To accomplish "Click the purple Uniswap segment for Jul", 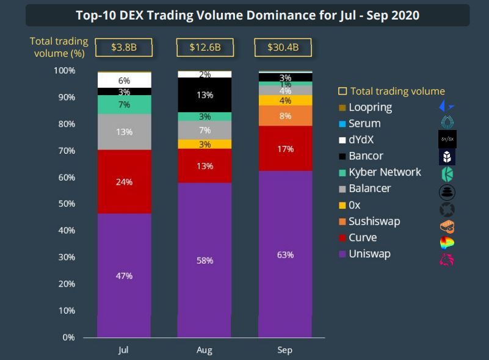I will [x=124, y=275].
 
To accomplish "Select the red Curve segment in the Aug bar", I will [x=205, y=166].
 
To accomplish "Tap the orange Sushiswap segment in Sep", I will [x=285, y=116].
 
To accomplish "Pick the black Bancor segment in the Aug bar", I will [x=205, y=95].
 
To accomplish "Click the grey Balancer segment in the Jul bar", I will [x=124, y=132].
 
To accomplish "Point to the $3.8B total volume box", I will [x=124, y=47].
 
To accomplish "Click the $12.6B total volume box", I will [x=205, y=47].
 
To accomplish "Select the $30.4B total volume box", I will [x=285, y=47].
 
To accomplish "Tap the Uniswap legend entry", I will [x=370, y=254].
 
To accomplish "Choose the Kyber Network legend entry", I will [x=385, y=172].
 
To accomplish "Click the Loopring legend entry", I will [x=370, y=107].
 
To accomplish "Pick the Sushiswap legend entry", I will [x=374, y=221].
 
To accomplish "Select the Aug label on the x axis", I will [x=205, y=350].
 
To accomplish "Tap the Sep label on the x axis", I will [x=285, y=350].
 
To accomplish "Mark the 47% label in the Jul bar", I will [x=124, y=276].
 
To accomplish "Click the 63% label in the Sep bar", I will [x=285, y=254].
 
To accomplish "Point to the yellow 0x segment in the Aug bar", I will [x=205, y=145].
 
